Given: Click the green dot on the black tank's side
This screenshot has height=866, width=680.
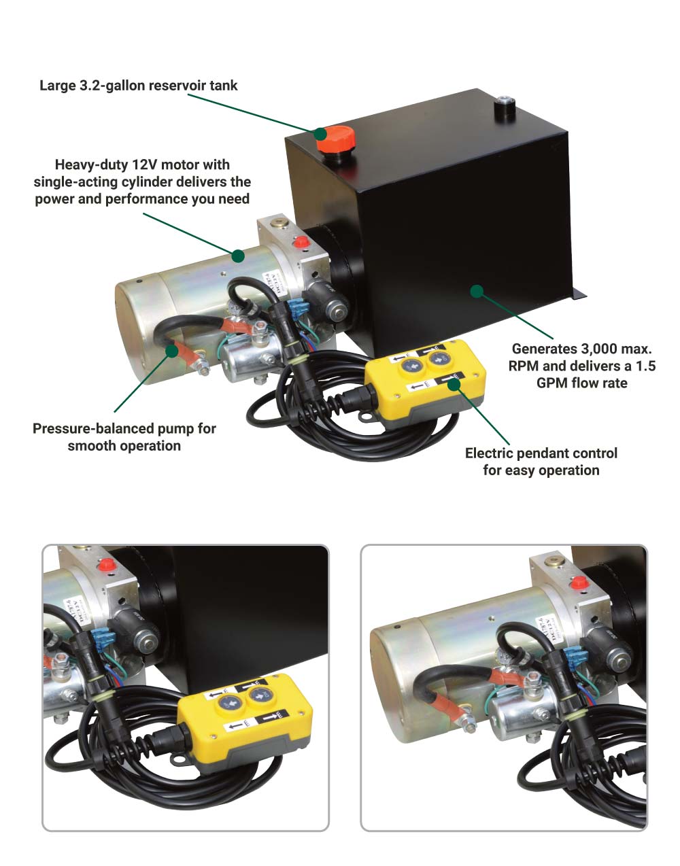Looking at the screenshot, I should pyautogui.click(x=477, y=291).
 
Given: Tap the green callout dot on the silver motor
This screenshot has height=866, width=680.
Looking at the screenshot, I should pyautogui.click(x=237, y=256).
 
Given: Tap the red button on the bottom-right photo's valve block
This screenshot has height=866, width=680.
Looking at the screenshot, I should pyautogui.click(x=579, y=583).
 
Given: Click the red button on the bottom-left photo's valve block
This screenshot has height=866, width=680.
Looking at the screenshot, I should pyautogui.click(x=105, y=566).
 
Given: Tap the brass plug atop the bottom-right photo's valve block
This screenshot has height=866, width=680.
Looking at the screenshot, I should pyautogui.click(x=554, y=562).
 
